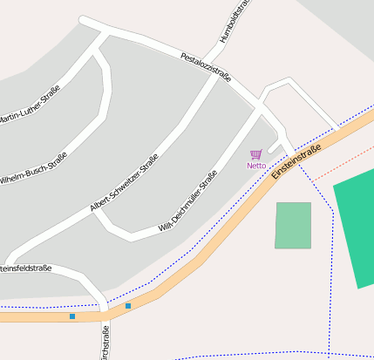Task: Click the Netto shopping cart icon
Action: tap(255, 154)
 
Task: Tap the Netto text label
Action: tap(256, 166)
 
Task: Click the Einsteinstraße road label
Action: tap(296, 161)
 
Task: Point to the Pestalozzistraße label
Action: tap(206, 68)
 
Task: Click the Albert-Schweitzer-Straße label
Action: tap(124, 182)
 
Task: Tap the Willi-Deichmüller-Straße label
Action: tap(187, 201)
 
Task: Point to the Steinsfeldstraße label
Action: tap(26, 268)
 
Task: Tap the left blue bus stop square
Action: tap(72, 316)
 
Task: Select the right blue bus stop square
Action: tap(128, 306)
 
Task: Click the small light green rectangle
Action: tap(293, 225)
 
